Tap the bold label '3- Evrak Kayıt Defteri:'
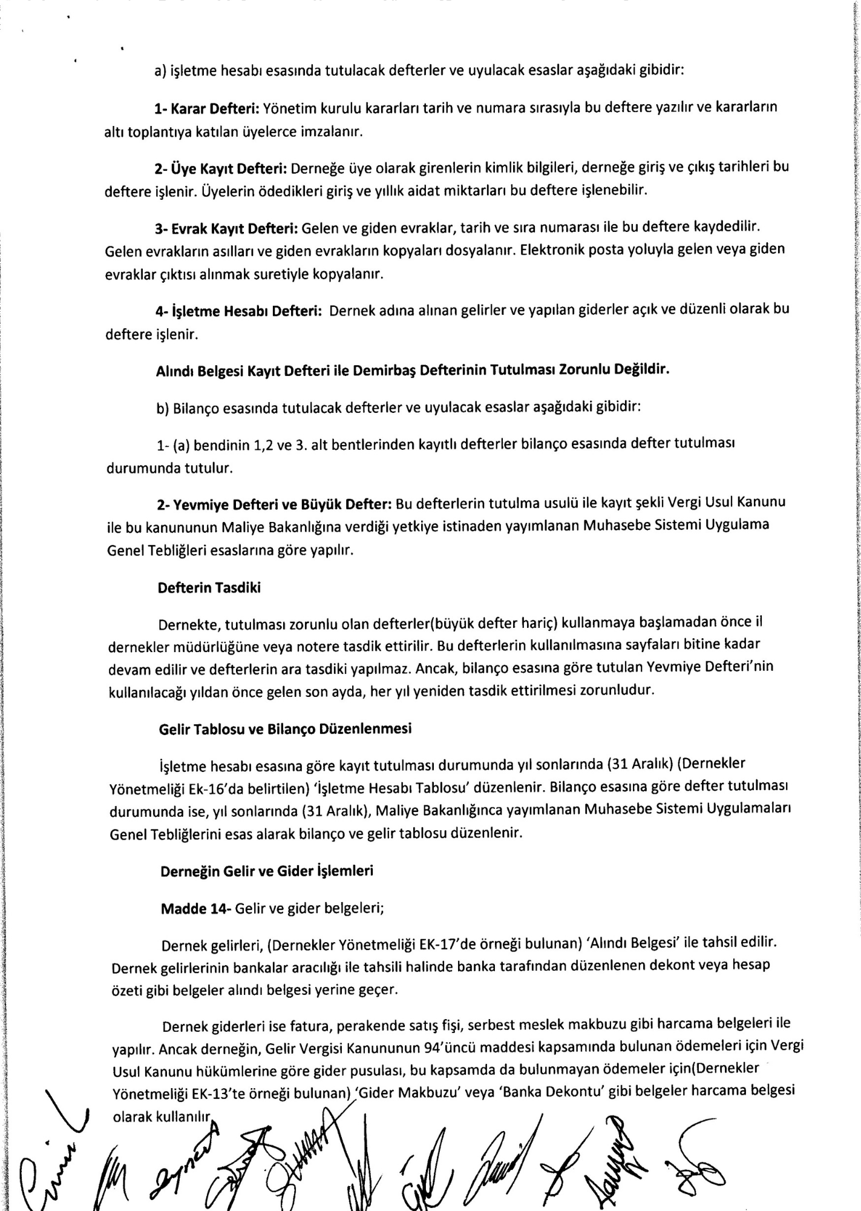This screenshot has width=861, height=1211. tap(226, 228)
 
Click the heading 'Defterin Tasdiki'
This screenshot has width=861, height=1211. tap(209, 588)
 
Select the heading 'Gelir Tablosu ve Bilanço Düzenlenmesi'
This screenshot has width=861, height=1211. tap(285, 728)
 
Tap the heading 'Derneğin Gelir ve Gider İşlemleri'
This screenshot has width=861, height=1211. tap(267, 871)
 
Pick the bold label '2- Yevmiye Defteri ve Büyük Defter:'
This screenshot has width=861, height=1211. tap(275, 504)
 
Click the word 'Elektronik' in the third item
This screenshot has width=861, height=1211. tap(551, 249)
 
